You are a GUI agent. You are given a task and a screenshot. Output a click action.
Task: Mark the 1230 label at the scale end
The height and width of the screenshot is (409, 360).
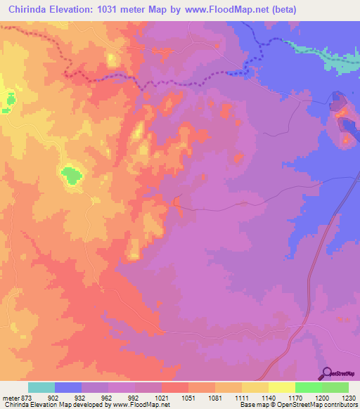[x=349, y=398]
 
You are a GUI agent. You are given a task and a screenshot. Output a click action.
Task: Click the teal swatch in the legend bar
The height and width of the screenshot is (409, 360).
[x=41, y=387]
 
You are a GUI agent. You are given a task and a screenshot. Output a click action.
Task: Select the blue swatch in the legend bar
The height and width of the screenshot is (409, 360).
[x=68, y=387]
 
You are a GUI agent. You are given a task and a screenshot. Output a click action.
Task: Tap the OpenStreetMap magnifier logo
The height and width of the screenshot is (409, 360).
[x=326, y=373]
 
